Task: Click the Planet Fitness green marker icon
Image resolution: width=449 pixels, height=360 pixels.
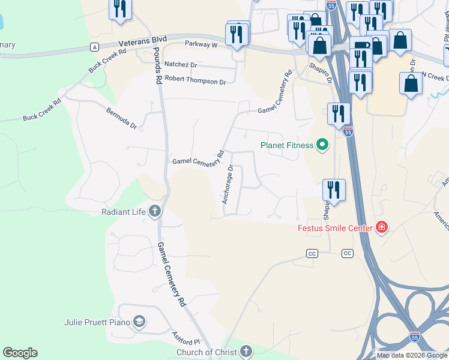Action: pyautogui.click(x=322, y=145)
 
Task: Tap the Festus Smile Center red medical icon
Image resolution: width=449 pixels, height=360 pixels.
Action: pyautogui.click(x=381, y=227)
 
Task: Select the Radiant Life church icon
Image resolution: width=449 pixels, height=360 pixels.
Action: pyautogui.click(x=155, y=211)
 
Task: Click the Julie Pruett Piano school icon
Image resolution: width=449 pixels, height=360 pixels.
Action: pyautogui.click(x=139, y=322)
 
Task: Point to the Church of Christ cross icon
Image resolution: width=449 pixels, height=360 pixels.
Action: pyautogui.click(x=246, y=352)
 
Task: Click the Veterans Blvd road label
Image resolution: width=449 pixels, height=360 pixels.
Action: pyautogui.click(x=134, y=41)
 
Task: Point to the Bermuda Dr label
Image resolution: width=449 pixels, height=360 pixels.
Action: pyautogui.click(x=122, y=119)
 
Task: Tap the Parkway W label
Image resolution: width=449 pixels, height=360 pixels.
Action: pyautogui.click(x=201, y=44)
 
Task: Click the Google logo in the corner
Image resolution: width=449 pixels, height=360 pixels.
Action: pyautogui.click(x=20, y=353)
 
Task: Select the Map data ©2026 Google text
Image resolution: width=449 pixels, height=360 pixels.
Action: pyautogui.click(x=411, y=355)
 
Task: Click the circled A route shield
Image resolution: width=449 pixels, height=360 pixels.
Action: pyautogui.click(x=94, y=47)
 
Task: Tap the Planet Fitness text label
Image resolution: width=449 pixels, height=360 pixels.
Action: pyautogui.click(x=287, y=145)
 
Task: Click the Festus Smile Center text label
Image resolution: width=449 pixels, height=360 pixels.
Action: pyautogui.click(x=336, y=228)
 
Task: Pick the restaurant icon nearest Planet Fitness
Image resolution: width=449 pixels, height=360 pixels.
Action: pyautogui.click(x=339, y=113)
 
